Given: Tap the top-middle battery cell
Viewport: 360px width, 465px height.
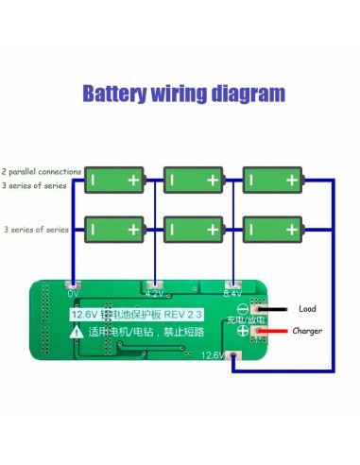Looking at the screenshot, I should click(x=196, y=179).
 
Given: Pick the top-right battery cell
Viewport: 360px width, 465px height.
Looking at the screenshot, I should click(x=274, y=179).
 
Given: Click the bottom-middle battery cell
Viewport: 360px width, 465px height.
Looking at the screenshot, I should click(x=196, y=229).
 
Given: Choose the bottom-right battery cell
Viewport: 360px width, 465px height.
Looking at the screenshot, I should click(x=274, y=229).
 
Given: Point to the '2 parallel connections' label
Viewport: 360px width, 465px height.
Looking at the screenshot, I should click(x=41, y=172).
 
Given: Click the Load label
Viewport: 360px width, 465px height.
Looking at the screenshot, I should click(x=308, y=308).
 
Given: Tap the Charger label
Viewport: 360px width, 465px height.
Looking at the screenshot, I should click(x=308, y=331).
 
